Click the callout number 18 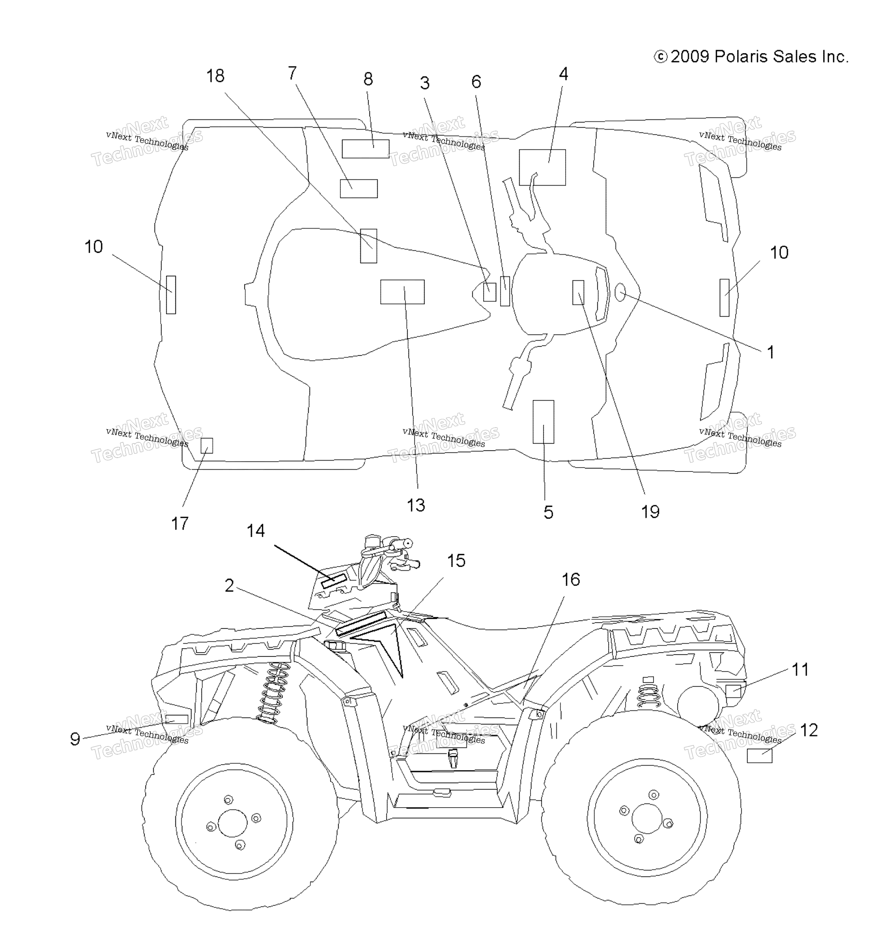(x=215, y=76)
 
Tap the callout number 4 (x=564, y=74)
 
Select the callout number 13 (x=415, y=505)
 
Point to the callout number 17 (x=180, y=523)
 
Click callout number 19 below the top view (x=650, y=512)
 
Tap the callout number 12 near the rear (x=808, y=730)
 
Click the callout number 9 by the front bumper (x=75, y=739)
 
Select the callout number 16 (x=570, y=579)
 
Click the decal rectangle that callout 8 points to (x=365, y=149)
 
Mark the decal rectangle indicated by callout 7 (x=359, y=189)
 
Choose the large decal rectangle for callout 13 (x=402, y=292)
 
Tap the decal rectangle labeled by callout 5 (x=543, y=422)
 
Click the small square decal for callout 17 (x=207, y=445)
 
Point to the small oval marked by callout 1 (x=620, y=293)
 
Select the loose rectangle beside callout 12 (x=759, y=756)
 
